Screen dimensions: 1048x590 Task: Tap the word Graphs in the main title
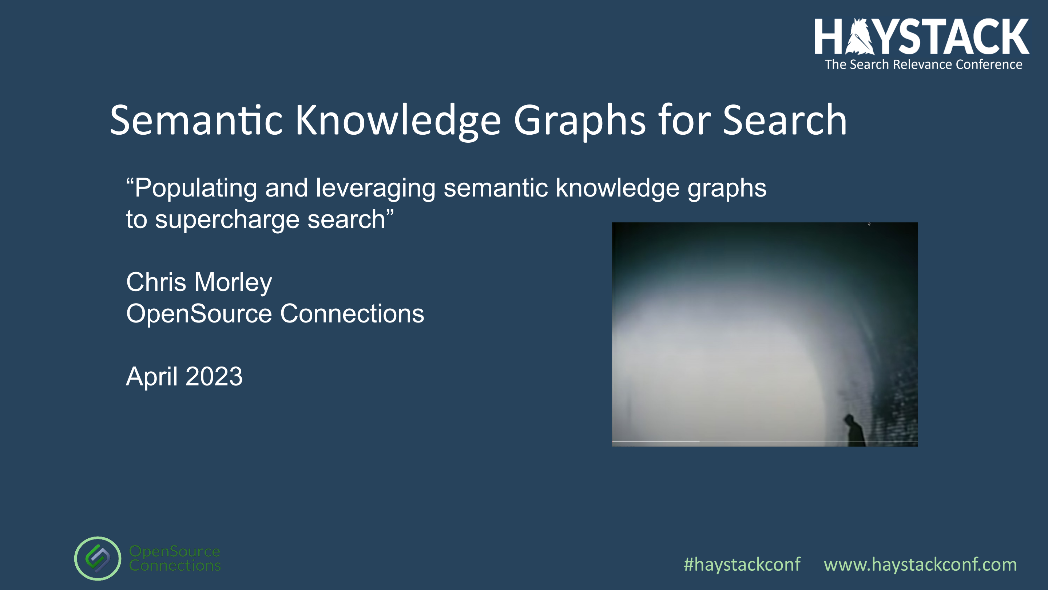[580, 122]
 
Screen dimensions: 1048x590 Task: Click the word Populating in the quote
[192, 189]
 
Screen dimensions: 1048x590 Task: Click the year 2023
[214, 376]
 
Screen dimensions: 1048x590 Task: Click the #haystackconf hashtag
[742, 565]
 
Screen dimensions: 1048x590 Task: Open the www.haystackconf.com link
[920, 565]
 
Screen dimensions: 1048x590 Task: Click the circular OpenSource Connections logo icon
[98, 559]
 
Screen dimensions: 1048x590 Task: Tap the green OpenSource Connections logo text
[175, 558]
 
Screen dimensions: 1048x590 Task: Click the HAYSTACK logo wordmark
[922, 37]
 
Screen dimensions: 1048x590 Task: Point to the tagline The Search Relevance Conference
[924, 65]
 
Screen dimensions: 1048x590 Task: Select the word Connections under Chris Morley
[352, 314]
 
